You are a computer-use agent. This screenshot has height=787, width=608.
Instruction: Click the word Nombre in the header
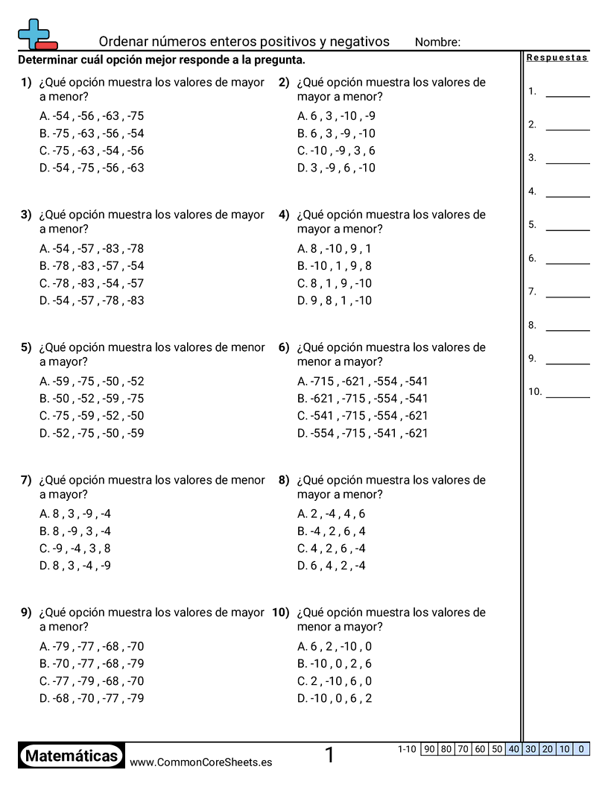437,42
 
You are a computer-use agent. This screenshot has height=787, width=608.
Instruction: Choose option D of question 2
336,168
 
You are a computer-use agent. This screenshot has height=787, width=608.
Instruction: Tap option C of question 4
334,283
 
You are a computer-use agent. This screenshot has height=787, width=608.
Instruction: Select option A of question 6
362,382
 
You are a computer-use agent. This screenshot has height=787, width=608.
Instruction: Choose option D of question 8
331,566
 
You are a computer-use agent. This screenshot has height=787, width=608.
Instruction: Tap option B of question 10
334,663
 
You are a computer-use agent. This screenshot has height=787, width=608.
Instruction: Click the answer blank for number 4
567,195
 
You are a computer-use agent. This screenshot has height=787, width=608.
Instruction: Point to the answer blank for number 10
567,396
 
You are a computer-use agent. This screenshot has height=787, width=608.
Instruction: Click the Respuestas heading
557,58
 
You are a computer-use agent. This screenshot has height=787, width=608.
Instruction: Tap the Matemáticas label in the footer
72,756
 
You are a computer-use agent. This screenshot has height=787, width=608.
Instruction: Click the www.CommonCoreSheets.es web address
200,762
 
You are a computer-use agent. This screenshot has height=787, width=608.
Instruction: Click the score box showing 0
581,749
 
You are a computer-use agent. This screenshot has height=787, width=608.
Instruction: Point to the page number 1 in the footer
329,756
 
